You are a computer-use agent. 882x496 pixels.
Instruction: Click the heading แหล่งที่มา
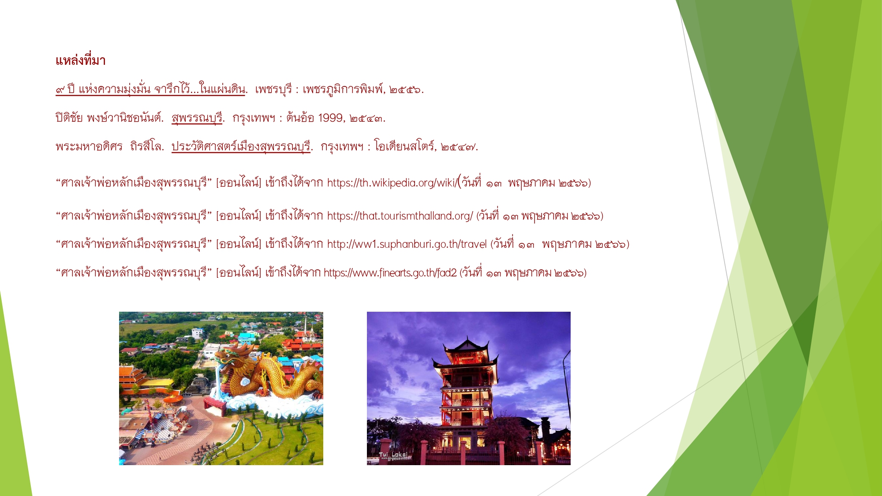[x=81, y=60]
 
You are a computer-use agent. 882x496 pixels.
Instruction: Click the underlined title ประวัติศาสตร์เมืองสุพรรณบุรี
[x=241, y=146]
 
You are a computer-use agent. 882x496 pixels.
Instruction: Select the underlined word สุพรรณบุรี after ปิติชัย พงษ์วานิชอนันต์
[x=197, y=118]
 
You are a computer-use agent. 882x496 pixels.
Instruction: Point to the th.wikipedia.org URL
[x=392, y=183]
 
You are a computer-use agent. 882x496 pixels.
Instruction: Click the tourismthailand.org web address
[x=400, y=216]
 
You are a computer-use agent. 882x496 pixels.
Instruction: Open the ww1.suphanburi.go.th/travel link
[x=407, y=244]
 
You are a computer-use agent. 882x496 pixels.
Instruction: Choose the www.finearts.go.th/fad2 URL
[x=390, y=273]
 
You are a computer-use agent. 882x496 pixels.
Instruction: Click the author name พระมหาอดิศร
[x=89, y=146]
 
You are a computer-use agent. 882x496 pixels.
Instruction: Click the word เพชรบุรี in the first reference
[x=273, y=90]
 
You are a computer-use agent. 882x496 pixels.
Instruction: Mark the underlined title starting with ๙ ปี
[x=150, y=90]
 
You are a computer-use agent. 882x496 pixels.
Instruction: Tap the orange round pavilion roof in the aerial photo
[x=173, y=399]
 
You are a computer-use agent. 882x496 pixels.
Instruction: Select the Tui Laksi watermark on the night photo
[x=393, y=455]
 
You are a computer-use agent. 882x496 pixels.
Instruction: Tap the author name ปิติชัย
[x=69, y=118]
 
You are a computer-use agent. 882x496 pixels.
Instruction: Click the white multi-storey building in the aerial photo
[x=198, y=333]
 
